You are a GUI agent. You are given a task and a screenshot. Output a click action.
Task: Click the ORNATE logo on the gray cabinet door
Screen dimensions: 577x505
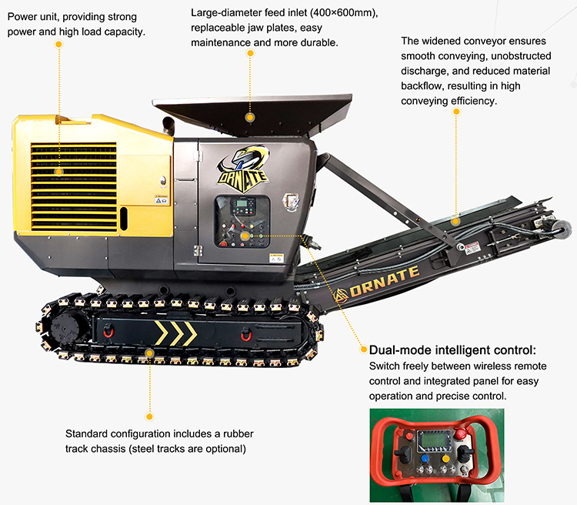pos(243,169)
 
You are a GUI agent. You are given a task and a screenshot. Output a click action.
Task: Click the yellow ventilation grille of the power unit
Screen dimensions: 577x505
pos(74,187)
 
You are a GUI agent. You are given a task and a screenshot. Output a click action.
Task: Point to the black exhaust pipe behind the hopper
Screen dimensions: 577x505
pos(168,125)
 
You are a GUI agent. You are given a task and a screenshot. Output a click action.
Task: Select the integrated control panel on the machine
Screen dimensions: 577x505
pos(242,221)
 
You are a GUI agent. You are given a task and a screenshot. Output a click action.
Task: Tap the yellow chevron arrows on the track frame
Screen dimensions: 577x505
pos(176,333)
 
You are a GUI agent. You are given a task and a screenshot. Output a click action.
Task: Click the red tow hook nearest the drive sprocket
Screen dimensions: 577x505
pos(108,330)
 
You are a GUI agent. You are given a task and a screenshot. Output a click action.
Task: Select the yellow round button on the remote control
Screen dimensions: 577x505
pos(445,459)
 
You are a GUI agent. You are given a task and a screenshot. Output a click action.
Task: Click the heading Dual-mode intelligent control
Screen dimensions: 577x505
pos(452,350)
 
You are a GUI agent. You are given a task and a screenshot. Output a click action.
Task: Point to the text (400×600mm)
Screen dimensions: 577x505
pos(344,13)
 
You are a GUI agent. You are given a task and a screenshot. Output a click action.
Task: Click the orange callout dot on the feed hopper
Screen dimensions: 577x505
pos(250,118)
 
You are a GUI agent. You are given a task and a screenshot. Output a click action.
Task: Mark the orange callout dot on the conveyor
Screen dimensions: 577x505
pos(455,222)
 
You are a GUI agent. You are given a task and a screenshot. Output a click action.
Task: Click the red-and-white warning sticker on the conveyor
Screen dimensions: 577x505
pos(472,248)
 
